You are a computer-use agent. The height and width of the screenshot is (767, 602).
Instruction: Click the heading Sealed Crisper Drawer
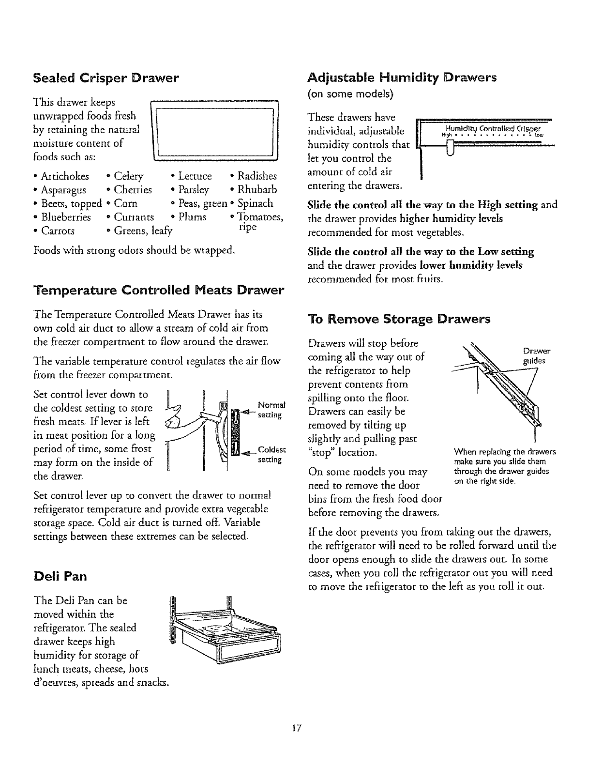[106, 77]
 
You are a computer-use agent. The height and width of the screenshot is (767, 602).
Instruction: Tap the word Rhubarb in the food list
[257, 189]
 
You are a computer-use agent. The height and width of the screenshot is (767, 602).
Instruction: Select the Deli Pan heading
[60, 576]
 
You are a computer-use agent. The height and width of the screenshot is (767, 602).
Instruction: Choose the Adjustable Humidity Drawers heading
[402, 77]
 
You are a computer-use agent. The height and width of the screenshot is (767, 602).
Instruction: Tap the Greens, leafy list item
[143, 230]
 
